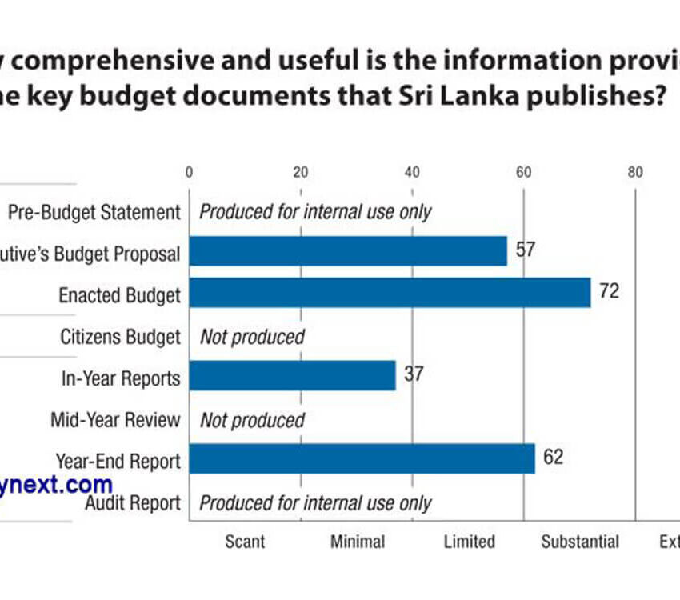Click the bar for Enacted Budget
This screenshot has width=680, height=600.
click(390, 293)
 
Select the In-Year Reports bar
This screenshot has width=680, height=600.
click(292, 375)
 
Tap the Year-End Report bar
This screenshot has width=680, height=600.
click(362, 458)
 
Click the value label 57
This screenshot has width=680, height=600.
click(525, 250)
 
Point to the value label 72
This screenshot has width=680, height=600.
click(609, 291)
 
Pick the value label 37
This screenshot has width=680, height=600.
click(413, 374)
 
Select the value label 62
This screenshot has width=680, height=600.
click(553, 458)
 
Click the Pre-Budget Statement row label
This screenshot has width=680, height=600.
click(94, 212)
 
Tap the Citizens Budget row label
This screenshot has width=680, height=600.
click(120, 337)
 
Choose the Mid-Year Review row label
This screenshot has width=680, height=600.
click(115, 420)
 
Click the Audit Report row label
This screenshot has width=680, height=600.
click(132, 503)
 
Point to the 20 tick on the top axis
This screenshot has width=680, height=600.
click(301, 171)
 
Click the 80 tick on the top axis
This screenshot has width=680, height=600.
click(635, 171)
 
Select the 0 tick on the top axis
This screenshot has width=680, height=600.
click(189, 171)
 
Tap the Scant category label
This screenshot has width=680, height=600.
click(245, 542)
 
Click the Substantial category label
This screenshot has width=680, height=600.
click(580, 542)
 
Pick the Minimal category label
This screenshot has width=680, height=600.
click(357, 542)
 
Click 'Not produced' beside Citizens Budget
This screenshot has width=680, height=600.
click(252, 337)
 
